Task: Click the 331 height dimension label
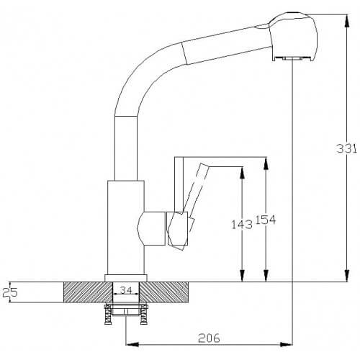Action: pyautogui.click(x=346, y=148)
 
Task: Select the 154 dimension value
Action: pyautogui.click(x=266, y=220)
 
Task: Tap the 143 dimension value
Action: pyautogui.click(x=242, y=225)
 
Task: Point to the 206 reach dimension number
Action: pyautogui.click(x=209, y=338)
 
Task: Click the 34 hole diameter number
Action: pyautogui.click(x=126, y=290)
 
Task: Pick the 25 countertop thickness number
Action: pyautogui.click(x=10, y=292)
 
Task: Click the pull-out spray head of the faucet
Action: pyautogui.click(x=293, y=37)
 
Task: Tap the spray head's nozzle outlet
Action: pyautogui.click(x=292, y=58)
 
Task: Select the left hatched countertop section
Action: pyautogui.click(x=88, y=292)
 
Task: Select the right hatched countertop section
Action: pyautogui.click(x=163, y=292)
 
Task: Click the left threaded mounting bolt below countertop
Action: pyautogui.click(x=109, y=314)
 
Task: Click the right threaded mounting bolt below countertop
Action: pyautogui.click(x=144, y=314)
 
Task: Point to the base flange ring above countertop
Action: pyautogui.click(x=126, y=278)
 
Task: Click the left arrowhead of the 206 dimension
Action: pyautogui.click(x=132, y=344)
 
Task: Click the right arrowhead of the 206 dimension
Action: pyautogui.click(x=286, y=344)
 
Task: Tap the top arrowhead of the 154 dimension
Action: pyautogui.click(x=266, y=163)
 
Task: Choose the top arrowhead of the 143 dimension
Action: pyautogui.click(x=242, y=173)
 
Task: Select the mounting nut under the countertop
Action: pyautogui.click(x=126, y=312)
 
